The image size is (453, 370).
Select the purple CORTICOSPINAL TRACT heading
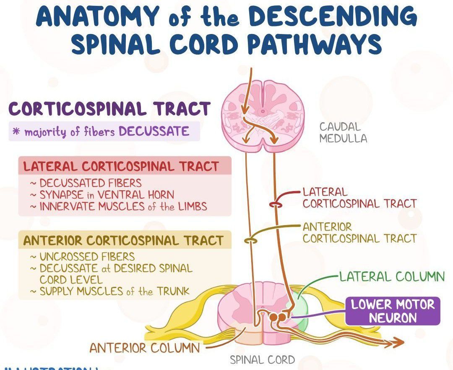point(109,109)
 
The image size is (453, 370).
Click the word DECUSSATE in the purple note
point(154,131)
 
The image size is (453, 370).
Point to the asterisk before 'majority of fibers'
point(17,132)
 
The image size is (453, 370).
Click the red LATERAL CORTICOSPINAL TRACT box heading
point(121,166)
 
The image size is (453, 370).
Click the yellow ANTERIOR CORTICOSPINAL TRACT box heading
point(123,241)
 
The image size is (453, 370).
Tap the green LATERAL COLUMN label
point(392,277)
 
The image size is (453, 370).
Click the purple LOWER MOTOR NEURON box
point(392,311)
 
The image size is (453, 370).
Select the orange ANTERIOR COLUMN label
point(145,348)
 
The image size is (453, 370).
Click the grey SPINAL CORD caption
point(262,360)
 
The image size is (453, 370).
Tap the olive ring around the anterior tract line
point(250,241)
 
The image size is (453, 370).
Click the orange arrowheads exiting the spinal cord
point(394,343)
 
